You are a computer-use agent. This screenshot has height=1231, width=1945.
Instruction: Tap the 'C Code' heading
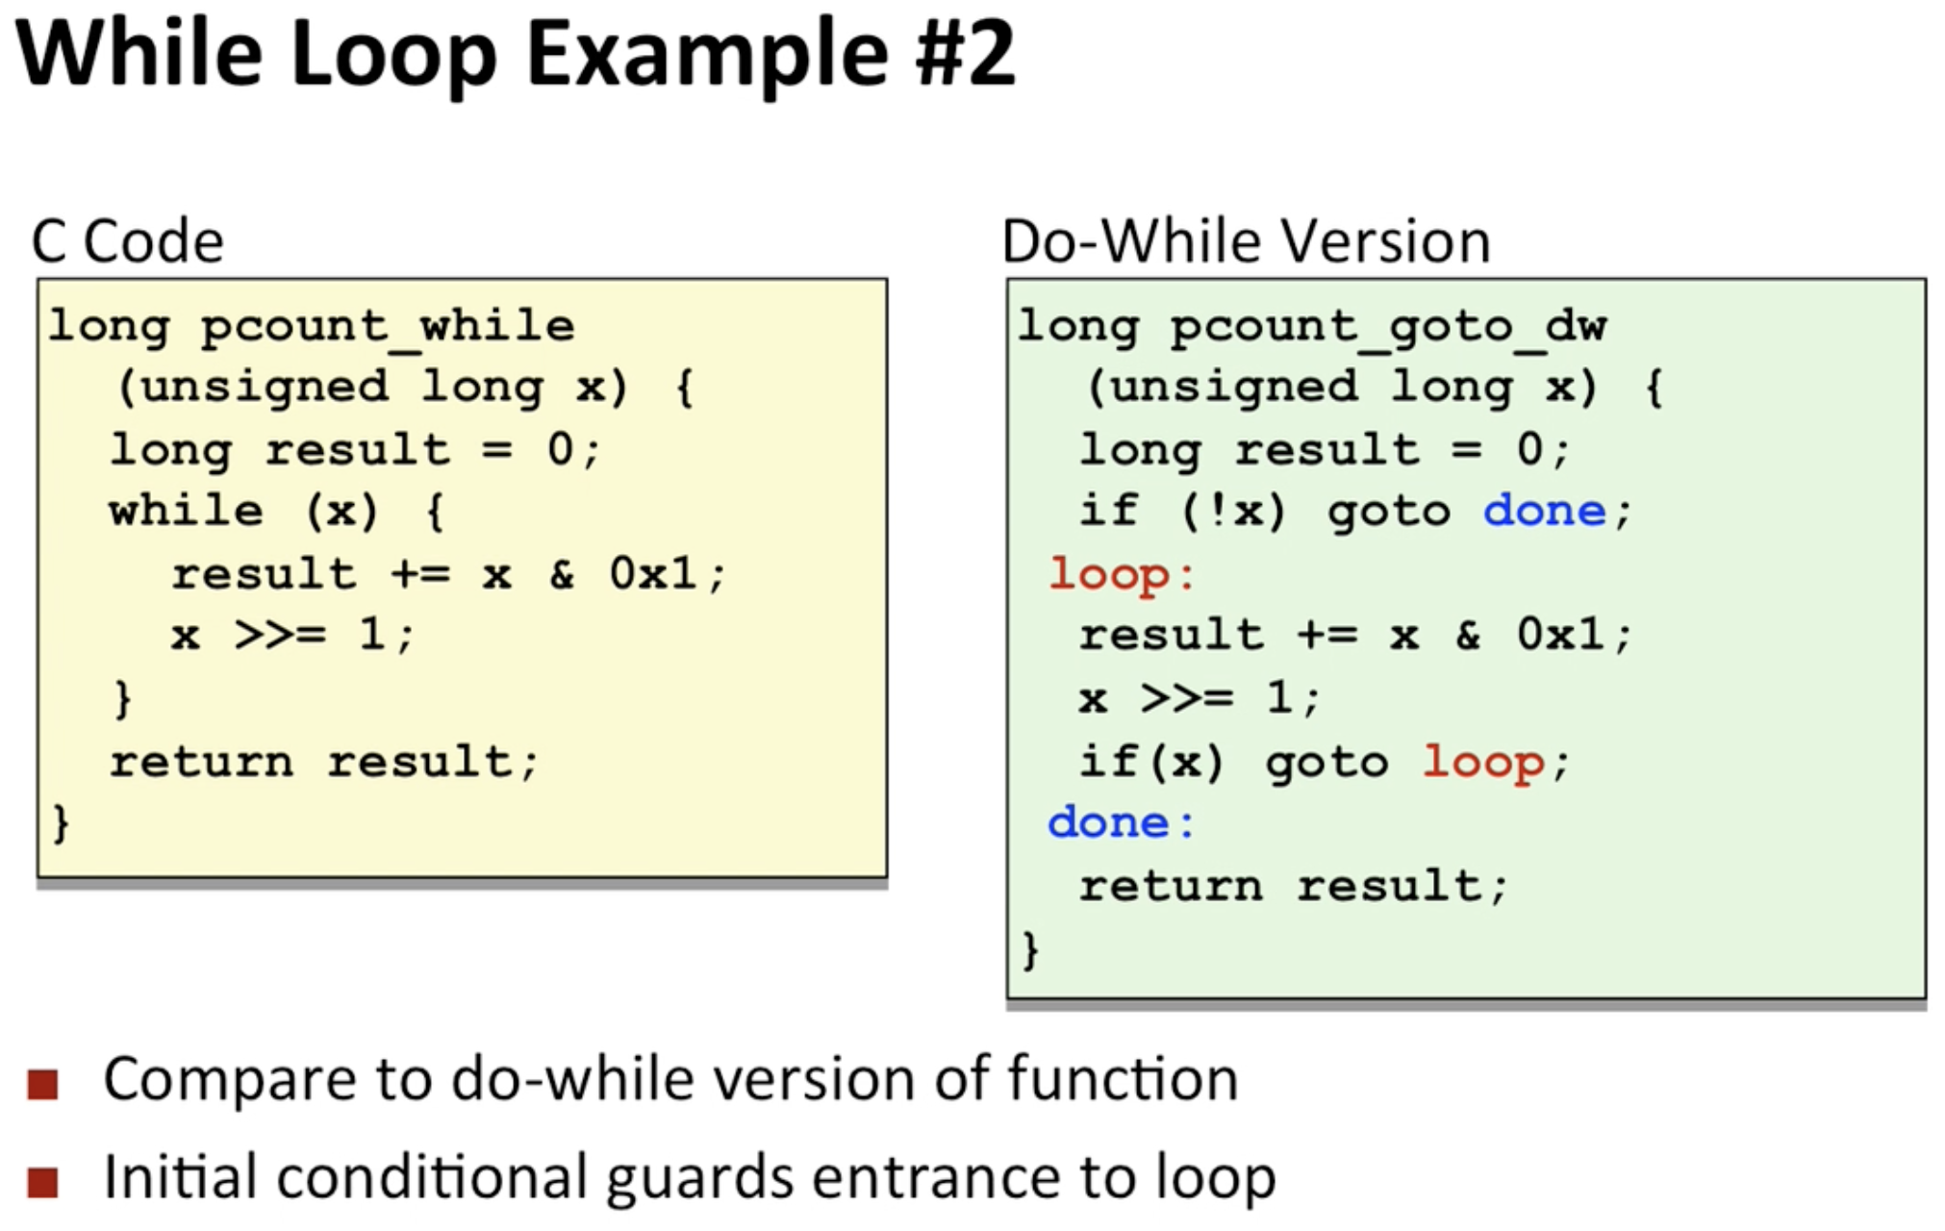click(x=128, y=240)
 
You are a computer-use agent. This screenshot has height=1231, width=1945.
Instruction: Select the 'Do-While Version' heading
click(x=1246, y=240)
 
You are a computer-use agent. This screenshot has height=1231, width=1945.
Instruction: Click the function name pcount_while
click(x=388, y=326)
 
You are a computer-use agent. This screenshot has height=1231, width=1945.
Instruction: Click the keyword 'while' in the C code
click(x=186, y=511)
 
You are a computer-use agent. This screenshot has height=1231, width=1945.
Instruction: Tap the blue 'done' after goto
click(x=1544, y=511)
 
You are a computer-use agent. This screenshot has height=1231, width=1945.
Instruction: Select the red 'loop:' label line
click(x=1122, y=574)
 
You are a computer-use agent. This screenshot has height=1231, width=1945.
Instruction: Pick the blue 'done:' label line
click(x=1121, y=823)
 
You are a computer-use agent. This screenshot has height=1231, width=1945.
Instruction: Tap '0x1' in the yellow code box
click(x=652, y=574)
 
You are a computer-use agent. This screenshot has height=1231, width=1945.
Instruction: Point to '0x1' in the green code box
click(x=1560, y=635)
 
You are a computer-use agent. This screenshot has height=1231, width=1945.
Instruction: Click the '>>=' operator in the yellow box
click(x=280, y=635)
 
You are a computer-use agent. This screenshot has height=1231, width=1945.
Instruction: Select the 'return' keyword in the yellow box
click(x=201, y=762)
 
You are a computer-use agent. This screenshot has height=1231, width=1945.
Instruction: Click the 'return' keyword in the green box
click(x=1171, y=886)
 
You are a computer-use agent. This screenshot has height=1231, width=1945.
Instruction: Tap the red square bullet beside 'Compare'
click(x=43, y=1084)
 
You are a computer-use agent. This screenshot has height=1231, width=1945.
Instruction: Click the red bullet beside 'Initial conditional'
click(x=43, y=1182)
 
